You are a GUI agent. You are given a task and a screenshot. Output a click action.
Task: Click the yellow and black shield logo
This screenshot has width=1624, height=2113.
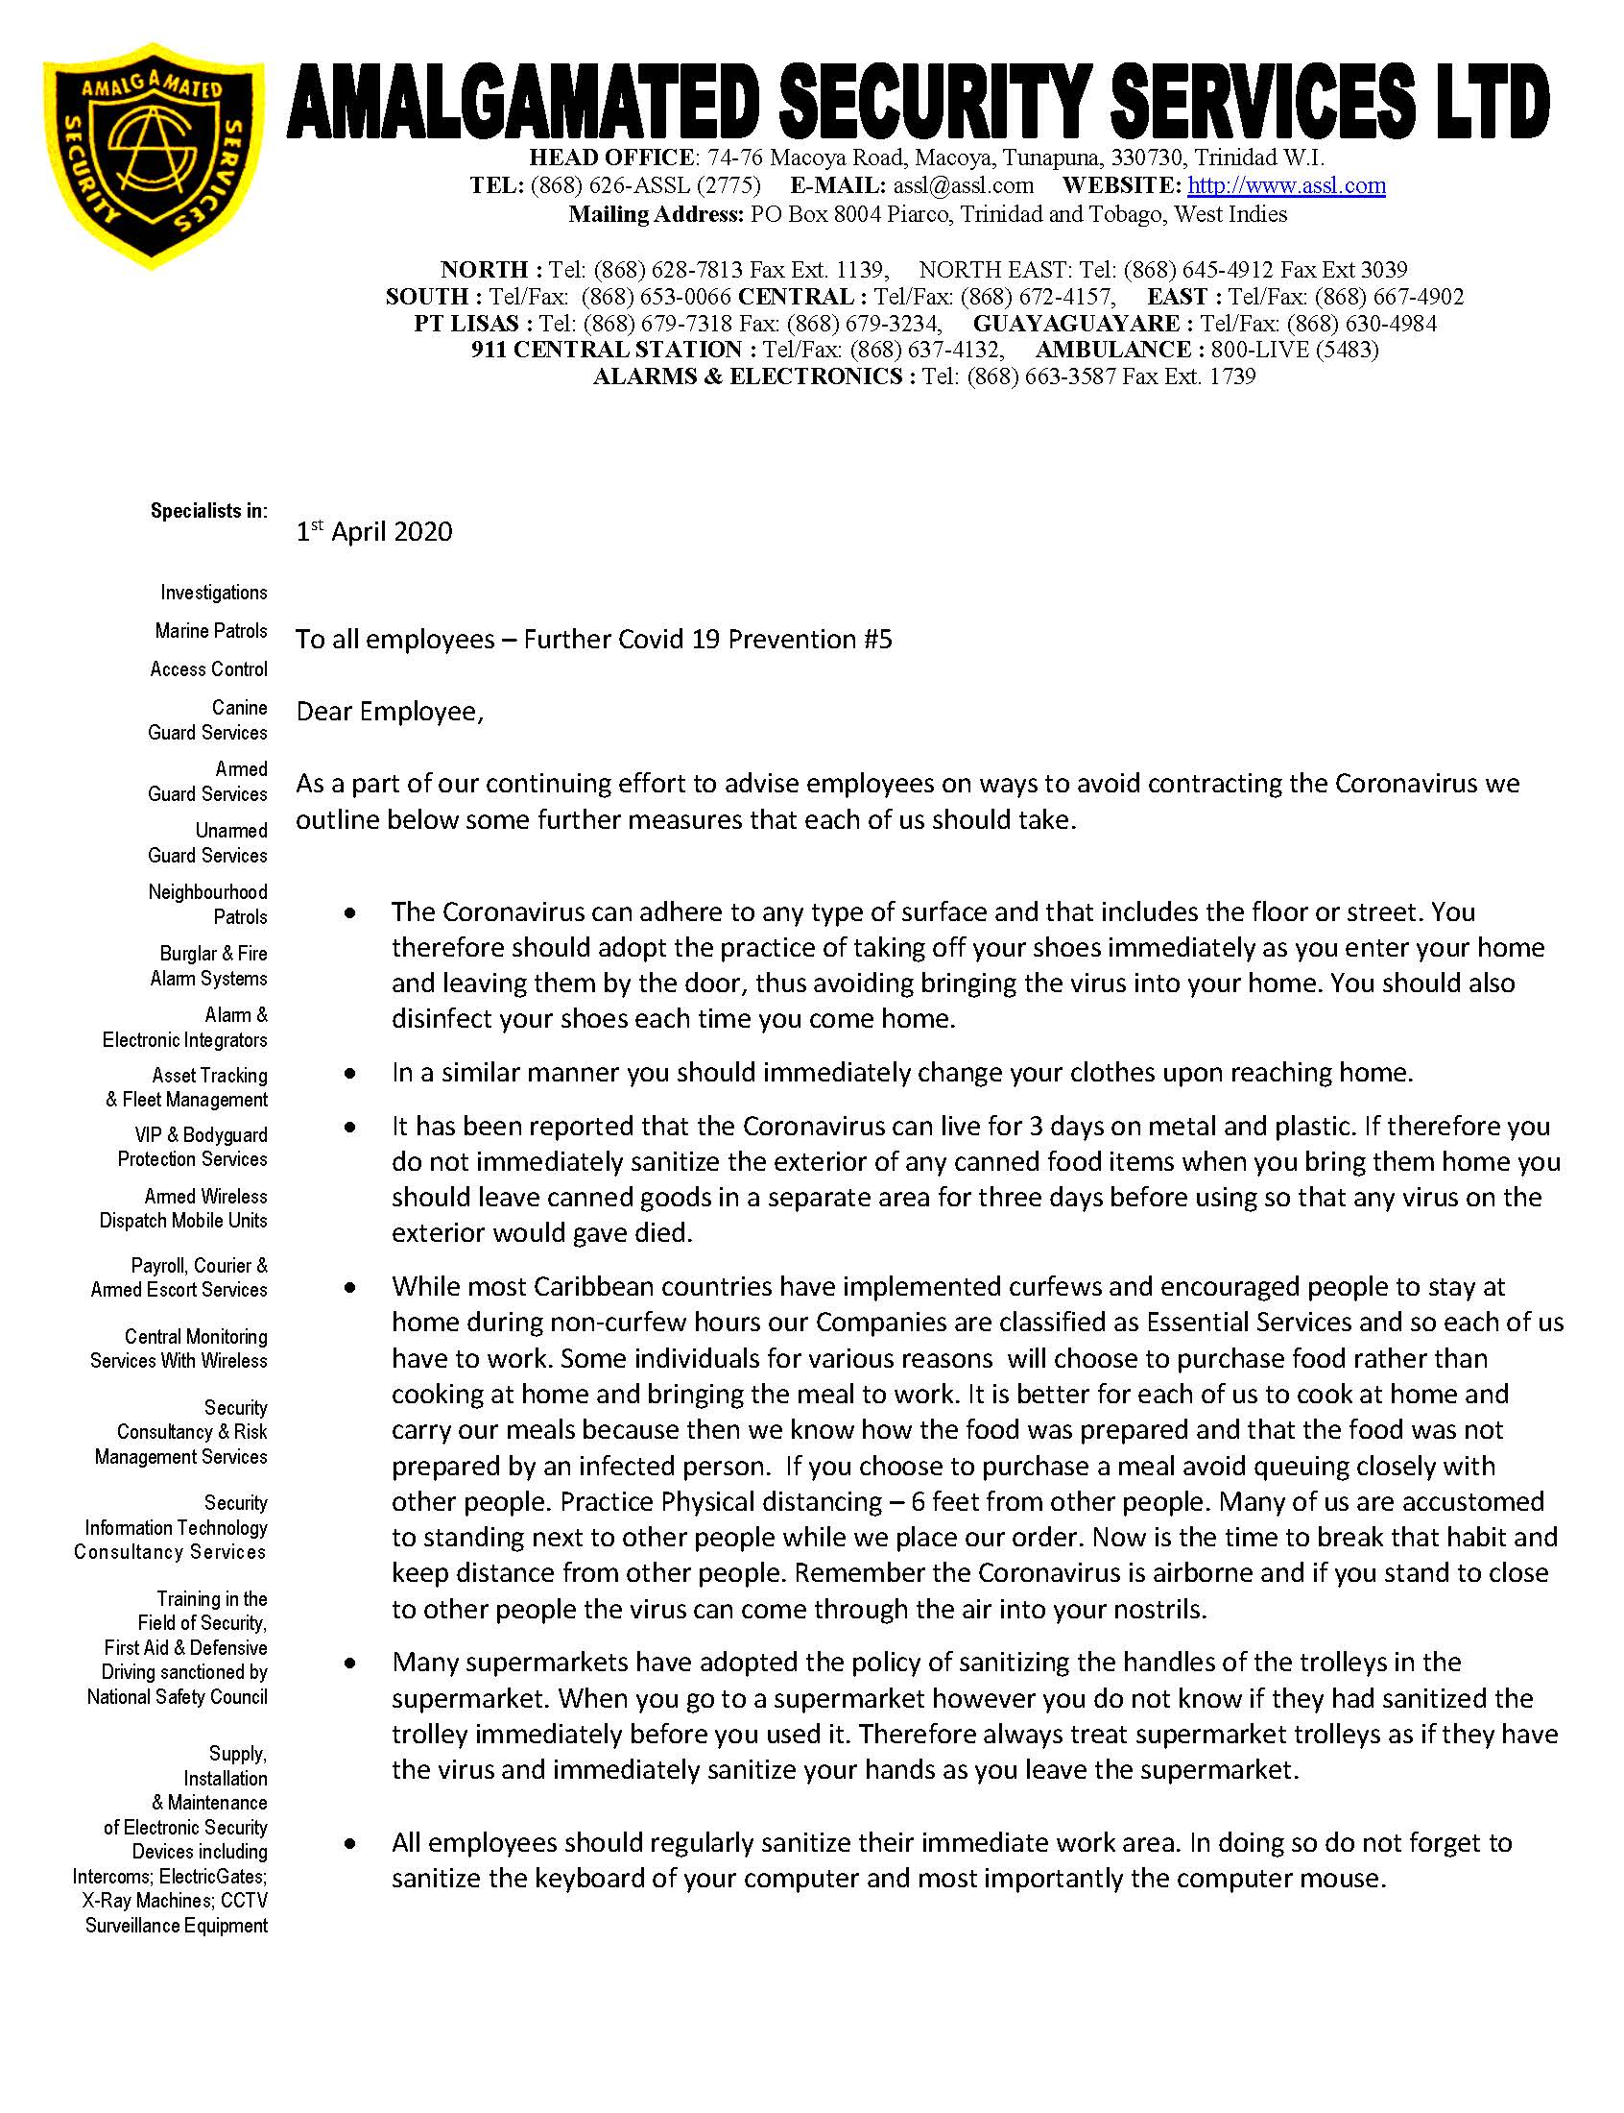pyautogui.click(x=154, y=154)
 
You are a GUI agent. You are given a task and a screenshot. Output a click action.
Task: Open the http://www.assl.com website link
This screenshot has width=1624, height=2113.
pyautogui.click(x=1286, y=185)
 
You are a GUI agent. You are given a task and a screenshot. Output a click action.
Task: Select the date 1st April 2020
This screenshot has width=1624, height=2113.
pyautogui.click(x=374, y=532)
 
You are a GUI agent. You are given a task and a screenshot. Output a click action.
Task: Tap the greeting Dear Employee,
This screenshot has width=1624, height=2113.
pyautogui.click(x=390, y=712)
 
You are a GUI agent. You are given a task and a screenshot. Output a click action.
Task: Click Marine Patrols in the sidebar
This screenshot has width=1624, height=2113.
pyautogui.click(x=211, y=630)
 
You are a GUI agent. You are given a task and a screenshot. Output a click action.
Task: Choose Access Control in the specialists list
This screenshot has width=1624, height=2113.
pyautogui.click(x=209, y=669)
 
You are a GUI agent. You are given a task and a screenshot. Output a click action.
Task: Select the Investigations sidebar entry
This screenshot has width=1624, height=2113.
pyautogui.click(x=214, y=592)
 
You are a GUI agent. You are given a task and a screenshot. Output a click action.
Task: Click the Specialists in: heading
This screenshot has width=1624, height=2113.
pyautogui.click(x=209, y=511)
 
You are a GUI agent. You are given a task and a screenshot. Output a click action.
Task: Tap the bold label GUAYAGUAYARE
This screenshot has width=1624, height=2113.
pyautogui.click(x=1076, y=324)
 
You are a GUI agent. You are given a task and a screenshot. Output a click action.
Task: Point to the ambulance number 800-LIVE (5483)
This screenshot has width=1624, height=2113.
pyautogui.click(x=1295, y=350)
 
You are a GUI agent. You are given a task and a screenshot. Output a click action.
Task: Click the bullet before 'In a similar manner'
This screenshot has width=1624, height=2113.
pyautogui.click(x=350, y=1073)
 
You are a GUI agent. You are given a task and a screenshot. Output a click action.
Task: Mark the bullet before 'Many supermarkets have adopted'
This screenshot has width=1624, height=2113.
pyautogui.click(x=350, y=1663)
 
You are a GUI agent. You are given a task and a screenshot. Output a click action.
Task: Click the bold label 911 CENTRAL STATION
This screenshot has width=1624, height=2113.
pyautogui.click(x=606, y=350)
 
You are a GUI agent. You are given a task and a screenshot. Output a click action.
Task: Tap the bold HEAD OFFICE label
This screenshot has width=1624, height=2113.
pyautogui.click(x=610, y=158)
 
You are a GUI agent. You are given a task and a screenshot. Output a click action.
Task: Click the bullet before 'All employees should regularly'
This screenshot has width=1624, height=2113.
pyautogui.click(x=350, y=1843)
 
